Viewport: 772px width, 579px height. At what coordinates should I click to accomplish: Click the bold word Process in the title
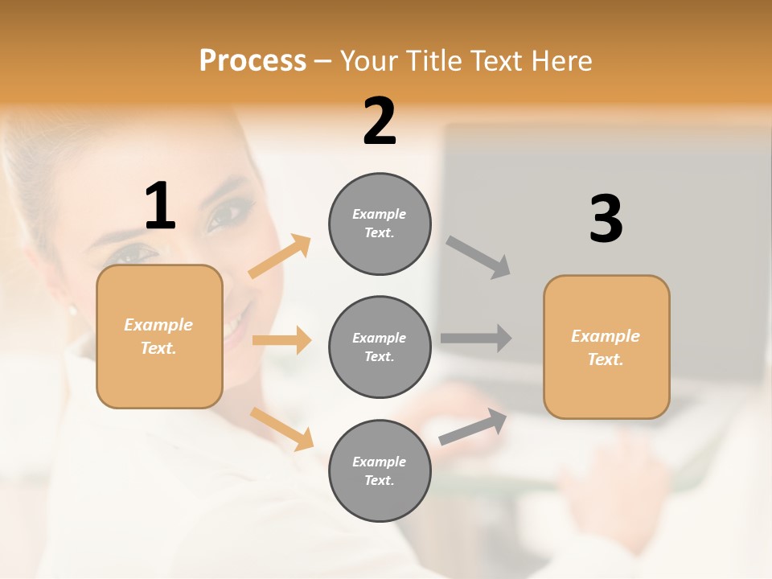[x=253, y=60]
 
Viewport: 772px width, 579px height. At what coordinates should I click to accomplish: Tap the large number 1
[x=160, y=206]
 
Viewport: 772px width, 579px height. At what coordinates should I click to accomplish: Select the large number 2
[x=380, y=121]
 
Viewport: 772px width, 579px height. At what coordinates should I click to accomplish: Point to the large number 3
[x=606, y=219]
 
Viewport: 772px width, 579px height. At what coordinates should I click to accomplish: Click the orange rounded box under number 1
[x=159, y=336]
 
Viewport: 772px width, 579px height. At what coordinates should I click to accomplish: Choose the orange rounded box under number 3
[x=606, y=347]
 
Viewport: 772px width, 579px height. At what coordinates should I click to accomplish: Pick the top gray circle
[x=380, y=224]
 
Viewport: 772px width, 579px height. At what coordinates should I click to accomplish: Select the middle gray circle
[x=380, y=347]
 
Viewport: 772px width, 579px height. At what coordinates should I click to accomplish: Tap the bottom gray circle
[x=380, y=470]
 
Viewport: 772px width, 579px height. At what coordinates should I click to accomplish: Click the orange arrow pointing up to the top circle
[x=280, y=257]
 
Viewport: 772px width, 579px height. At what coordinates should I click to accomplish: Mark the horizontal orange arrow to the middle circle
[x=281, y=340]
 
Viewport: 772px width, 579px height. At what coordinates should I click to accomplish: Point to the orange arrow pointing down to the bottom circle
[x=281, y=429]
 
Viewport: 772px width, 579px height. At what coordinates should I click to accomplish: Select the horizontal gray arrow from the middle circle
[x=476, y=338]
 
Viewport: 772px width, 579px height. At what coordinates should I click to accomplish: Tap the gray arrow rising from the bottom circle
[x=473, y=427]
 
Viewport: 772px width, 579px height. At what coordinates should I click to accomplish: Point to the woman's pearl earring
[x=72, y=309]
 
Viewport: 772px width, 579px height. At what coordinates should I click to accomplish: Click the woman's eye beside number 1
[x=228, y=215]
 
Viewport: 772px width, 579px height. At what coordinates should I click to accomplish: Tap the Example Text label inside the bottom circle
[x=380, y=470]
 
